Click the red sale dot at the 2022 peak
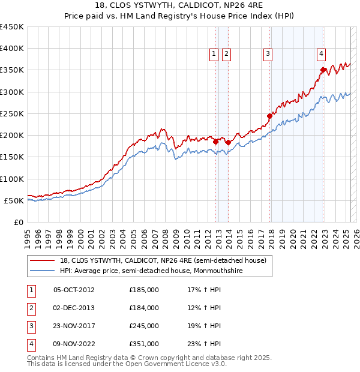[323, 70]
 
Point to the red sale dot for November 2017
[270, 116]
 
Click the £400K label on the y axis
[12, 49]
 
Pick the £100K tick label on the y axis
[12, 179]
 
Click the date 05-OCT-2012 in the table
[74, 290]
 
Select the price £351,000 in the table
[144, 344]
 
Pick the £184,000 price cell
[144, 308]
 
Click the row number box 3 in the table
[30, 326]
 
